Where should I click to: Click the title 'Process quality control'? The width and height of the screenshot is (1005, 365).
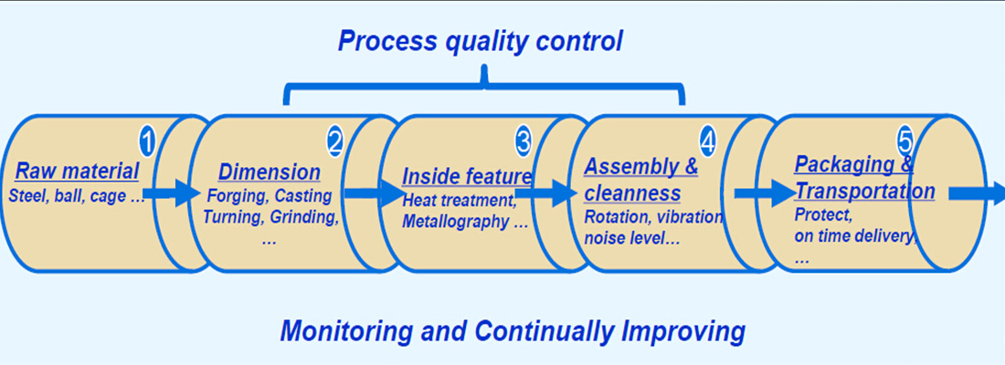point(480,41)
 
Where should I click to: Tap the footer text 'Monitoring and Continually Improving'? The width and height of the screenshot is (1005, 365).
point(512,330)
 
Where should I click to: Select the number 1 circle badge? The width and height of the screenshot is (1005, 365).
point(147,141)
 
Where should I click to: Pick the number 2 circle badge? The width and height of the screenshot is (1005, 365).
point(334,141)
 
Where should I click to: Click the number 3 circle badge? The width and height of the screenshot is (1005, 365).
point(523,141)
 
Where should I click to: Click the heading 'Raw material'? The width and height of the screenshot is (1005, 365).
point(78,172)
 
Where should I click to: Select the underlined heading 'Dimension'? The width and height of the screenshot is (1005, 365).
point(270,172)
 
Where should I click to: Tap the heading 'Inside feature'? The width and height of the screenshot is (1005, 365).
point(467,176)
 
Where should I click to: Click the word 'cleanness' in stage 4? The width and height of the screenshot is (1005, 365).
point(632,193)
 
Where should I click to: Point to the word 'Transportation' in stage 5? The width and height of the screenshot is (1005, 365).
point(864,192)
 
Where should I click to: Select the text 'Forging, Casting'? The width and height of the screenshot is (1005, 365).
point(269,195)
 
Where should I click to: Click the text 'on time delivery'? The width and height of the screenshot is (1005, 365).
point(854,236)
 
